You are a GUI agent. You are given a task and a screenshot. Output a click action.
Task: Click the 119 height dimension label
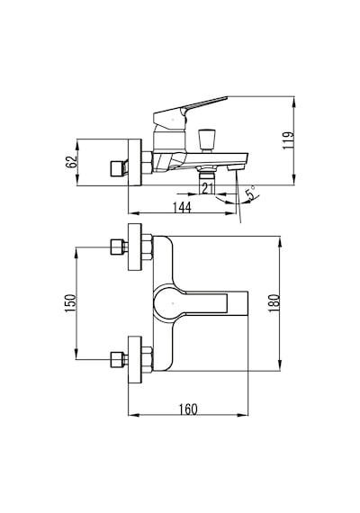pos(288,140)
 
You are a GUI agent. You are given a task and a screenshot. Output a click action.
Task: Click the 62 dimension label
pos(71,162)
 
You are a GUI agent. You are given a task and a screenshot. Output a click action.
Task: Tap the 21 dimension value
pos(208,189)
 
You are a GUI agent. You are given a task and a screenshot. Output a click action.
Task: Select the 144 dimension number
pos(182,207)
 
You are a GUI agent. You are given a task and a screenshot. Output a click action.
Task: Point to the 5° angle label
pos(251,193)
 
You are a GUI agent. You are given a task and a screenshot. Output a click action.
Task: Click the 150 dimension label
pos(70,303)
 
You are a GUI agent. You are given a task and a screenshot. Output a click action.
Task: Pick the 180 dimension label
pos(274,303)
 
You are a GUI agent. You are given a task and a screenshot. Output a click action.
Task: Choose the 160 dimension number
pos(188,409)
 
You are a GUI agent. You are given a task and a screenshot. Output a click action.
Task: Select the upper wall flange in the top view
pos(135,247)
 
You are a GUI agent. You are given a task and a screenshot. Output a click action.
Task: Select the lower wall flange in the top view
pos(135,359)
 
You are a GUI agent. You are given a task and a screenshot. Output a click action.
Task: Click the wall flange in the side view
pos(135,163)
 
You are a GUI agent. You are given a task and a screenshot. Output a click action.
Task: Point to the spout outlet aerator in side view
pos(235,167)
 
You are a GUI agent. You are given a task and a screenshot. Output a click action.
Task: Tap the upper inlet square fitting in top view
pos(117,247)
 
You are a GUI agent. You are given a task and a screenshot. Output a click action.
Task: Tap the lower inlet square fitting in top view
pos(117,359)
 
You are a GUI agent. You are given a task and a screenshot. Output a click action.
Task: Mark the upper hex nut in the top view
pos(148,247)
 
